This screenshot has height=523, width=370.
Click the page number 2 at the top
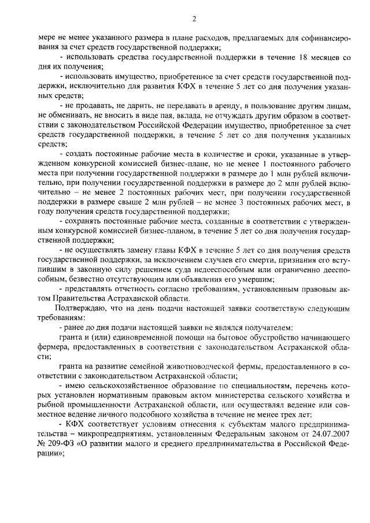(194, 19)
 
